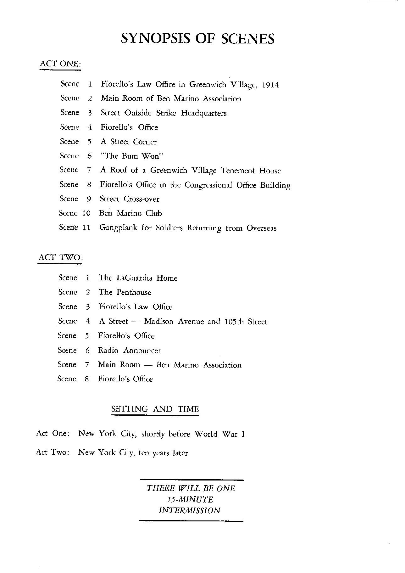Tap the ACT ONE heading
pyautogui.click(x=60, y=64)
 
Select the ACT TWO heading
pyautogui.click(x=60, y=257)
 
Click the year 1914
pyautogui.click(x=270, y=85)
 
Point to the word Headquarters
pyautogui.click(x=203, y=113)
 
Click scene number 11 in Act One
pyautogui.click(x=86, y=228)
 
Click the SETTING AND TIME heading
pyautogui.click(x=155, y=409)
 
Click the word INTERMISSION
pyautogui.click(x=189, y=510)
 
